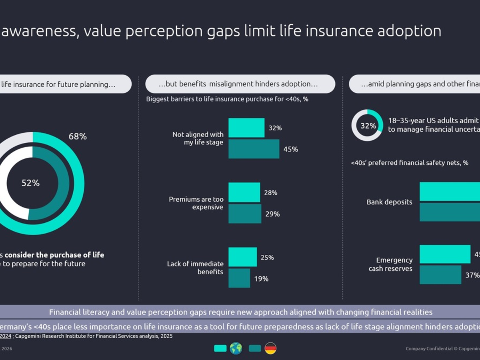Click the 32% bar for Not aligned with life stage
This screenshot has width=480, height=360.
[246, 128]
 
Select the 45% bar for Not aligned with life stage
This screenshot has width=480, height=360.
[254, 149]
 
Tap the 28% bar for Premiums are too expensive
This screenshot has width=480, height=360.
[244, 192]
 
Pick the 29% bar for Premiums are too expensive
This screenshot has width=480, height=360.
[245, 214]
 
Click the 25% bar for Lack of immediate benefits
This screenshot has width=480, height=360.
[242, 257]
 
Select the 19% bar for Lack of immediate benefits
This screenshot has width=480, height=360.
[239, 278]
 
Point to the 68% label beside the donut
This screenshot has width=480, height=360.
[78, 136]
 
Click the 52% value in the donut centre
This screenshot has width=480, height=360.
[30, 183]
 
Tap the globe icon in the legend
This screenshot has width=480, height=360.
[236, 348]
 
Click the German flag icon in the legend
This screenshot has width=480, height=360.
[271, 348]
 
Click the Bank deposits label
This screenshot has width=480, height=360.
[389, 202]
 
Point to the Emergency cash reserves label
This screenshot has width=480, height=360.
[390, 264]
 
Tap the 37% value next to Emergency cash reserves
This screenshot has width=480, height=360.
[472, 275]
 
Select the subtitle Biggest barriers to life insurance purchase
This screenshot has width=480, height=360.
[227, 99]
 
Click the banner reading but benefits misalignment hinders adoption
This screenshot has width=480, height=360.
[240, 84]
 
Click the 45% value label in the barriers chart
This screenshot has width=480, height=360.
[291, 149]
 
